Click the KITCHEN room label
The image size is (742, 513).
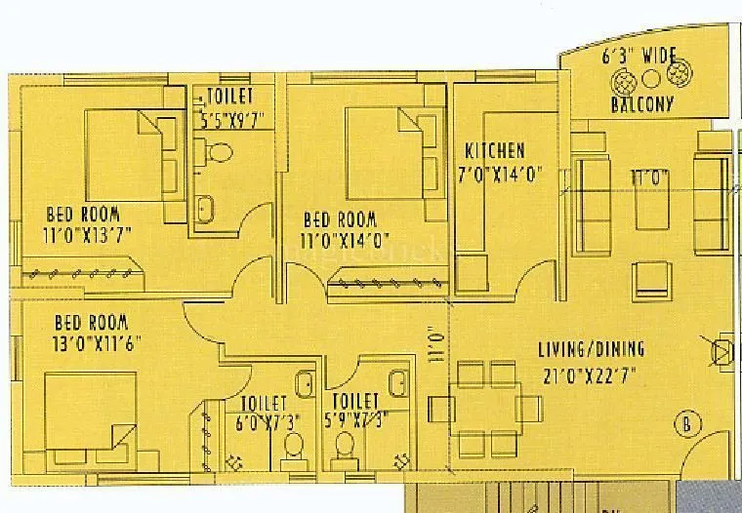(x=495, y=151)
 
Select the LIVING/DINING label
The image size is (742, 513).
(x=592, y=349)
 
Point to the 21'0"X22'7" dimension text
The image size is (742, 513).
(x=592, y=372)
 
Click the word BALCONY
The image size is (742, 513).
(x=641, y=104)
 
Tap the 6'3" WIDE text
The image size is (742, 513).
(x=639, y=58)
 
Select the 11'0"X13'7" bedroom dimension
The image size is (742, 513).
(x=89, y=234)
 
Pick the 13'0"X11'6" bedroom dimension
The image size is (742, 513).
(x=95, y=342)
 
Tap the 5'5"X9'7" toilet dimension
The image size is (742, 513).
(x=230, y=121)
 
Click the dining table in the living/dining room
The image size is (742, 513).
(x=488, y=404)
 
